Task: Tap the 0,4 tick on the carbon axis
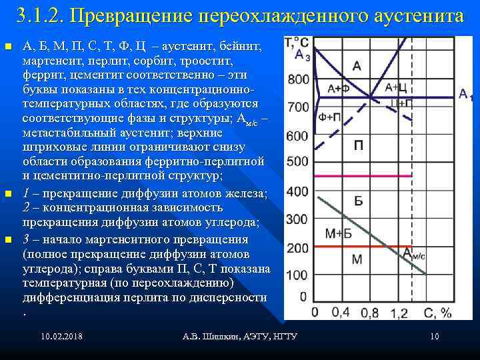pyautogui.click(x=340, y=312)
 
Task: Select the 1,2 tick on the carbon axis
pyautogui.click(x=399, y=312)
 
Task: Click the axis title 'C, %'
pyautogui.click(x=437, y=312)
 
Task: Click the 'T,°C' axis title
pyautogui.click(x=296, y=43)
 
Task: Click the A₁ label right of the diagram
pyautogui.click(x=467, y=95)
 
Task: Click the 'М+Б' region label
pyautogui.click(x=338, y=233)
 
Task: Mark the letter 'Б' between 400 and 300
pyautogui.click(x=358, y=201)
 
